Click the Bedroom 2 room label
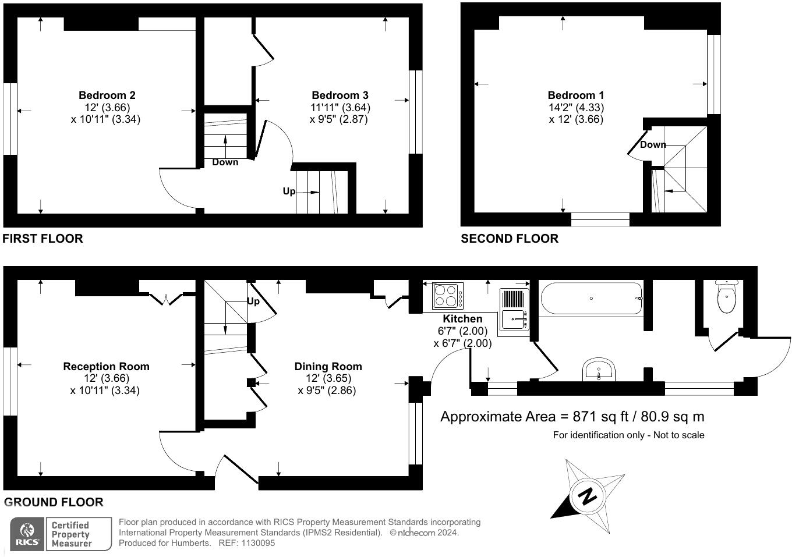coord(107,95)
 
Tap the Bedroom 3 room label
coord(340,95)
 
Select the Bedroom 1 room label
coord(576,95)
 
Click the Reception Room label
coord(106,367)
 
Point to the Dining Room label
coord(328,367)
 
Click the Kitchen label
coord(462,319)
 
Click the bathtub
coord(591,299)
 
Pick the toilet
coord(726,296)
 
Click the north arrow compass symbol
coord(588,496)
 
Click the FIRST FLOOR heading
coord(43,239)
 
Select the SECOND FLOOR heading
coord(510,239)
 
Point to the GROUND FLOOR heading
coord(54,502)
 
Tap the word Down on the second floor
coord(653,145)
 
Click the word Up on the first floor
coord(289,191)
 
